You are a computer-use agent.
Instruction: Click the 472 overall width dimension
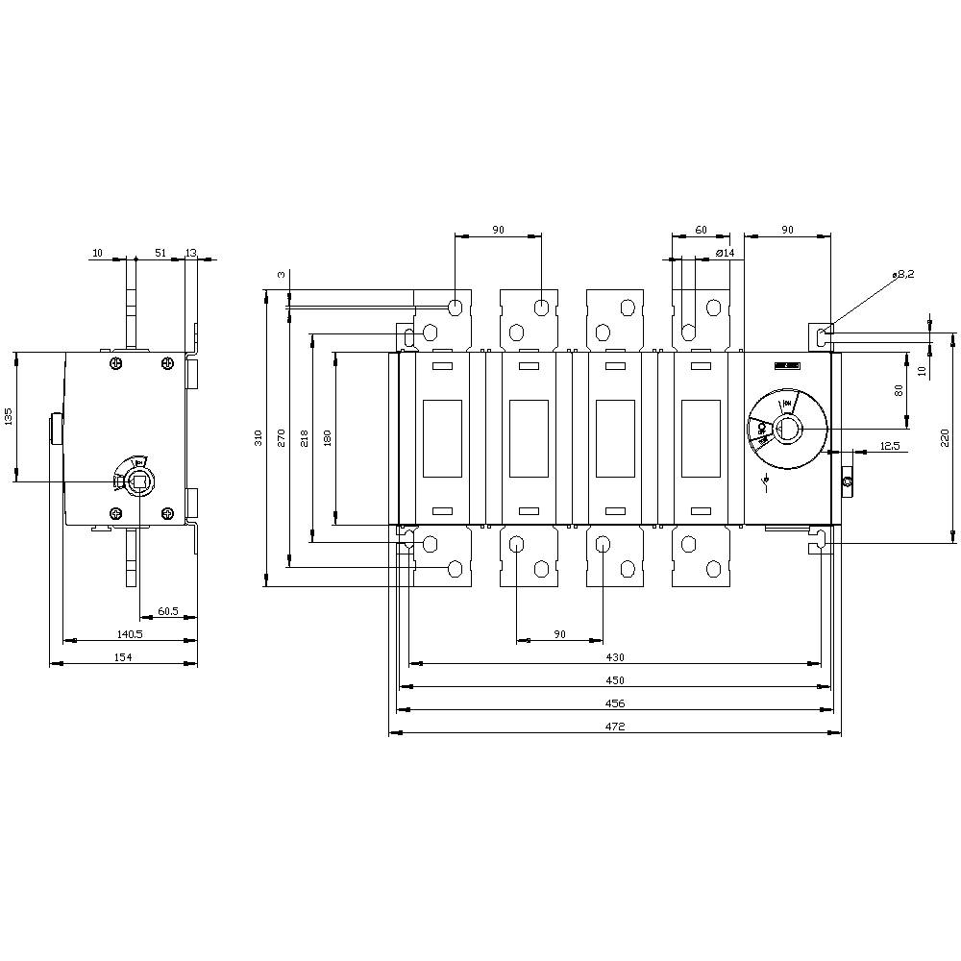coord(615,727)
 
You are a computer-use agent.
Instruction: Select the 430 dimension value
coord(615,656)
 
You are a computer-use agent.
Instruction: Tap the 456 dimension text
coord(615,703)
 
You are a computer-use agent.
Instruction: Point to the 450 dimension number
coord(615,679)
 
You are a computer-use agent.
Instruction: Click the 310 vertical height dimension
coord(258,438)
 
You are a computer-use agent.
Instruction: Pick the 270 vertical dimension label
coord(282,438)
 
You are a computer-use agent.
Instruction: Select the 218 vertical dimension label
coord(305,438)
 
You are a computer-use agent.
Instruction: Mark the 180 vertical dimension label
coord(328,438)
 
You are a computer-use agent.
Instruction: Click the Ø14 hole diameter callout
coord(726,253)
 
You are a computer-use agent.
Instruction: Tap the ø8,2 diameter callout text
coord(903,274)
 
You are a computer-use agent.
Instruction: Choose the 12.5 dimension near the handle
coord(889,446)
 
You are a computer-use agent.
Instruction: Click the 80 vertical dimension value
coord(899,390)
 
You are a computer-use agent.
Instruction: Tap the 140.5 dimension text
coord(129,633)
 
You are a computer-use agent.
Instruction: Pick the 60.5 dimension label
coord(168,611)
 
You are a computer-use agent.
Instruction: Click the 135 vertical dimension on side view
coord(8,416)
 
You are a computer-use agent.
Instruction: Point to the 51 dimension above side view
coord(160,253)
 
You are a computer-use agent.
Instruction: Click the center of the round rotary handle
coord(787,429)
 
